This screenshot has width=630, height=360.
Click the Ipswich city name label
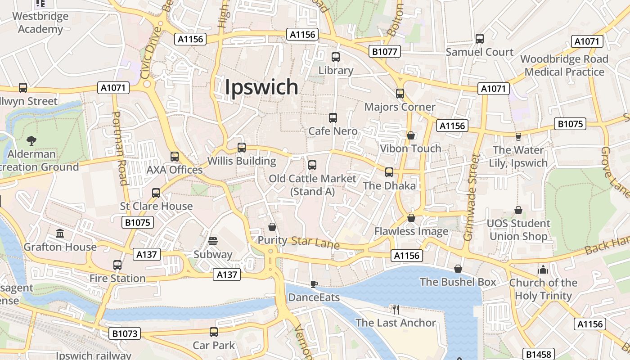pos(261,87)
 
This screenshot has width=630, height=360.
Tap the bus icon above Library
pos(335,57)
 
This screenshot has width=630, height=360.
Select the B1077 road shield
pos(384,51)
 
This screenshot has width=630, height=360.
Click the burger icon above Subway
pos(213,241)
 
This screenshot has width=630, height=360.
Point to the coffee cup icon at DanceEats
pos(314,284)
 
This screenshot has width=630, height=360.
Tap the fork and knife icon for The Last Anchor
pos(396,309)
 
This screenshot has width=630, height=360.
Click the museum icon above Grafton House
pos(60,233)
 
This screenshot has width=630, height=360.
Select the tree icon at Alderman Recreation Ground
pos(31,140)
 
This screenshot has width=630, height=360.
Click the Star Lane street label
pos(315,243)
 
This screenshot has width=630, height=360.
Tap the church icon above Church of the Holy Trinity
pos(543,269)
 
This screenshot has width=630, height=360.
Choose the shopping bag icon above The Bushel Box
pos(458,269)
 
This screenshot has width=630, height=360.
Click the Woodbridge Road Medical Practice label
pos(564,65)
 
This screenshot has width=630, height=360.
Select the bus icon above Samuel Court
pos(479,39)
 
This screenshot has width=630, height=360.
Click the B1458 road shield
pos(538,354)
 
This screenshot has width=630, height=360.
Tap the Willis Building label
pos(242,161)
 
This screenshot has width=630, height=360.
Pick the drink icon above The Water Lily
pos(518,136)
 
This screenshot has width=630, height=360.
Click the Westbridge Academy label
pos(40,22)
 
